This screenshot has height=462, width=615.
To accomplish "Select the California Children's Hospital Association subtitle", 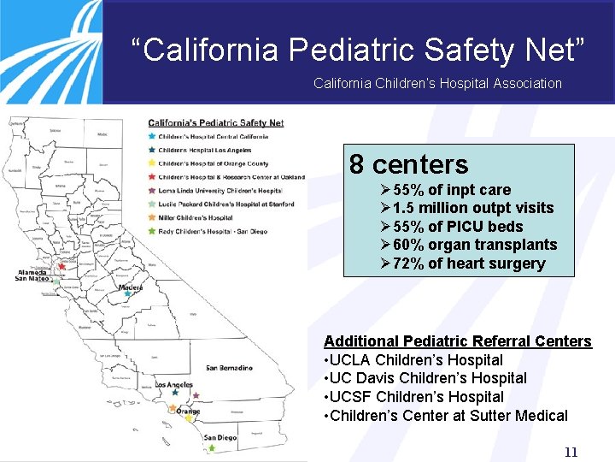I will click(x=437, y=83).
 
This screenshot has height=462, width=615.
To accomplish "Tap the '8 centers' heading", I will click(x=409, y=164).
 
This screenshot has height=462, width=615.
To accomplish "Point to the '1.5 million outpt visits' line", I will click(x=473, y=208).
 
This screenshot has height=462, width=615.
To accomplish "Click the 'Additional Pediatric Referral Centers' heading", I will click(x=458, y=341).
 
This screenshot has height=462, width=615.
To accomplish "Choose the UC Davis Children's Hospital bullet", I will click(x=425, y=378).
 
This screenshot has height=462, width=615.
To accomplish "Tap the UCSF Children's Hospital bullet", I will click(x=413, y=397).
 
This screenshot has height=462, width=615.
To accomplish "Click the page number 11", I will click(x=571, y=452).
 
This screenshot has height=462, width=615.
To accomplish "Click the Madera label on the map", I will click(x=131, y=287).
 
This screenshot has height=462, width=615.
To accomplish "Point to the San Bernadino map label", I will click(x=229, y=368).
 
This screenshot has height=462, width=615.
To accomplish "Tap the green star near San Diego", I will click(x=211, y=447).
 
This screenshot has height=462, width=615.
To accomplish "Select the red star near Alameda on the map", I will click(x=61, y=267).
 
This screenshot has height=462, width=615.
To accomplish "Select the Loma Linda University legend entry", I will click(x=220, y=191).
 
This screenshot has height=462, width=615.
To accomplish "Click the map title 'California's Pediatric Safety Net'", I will click(x=215, y=122).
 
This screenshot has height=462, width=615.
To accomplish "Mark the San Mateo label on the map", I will click(x=32, y=278).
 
